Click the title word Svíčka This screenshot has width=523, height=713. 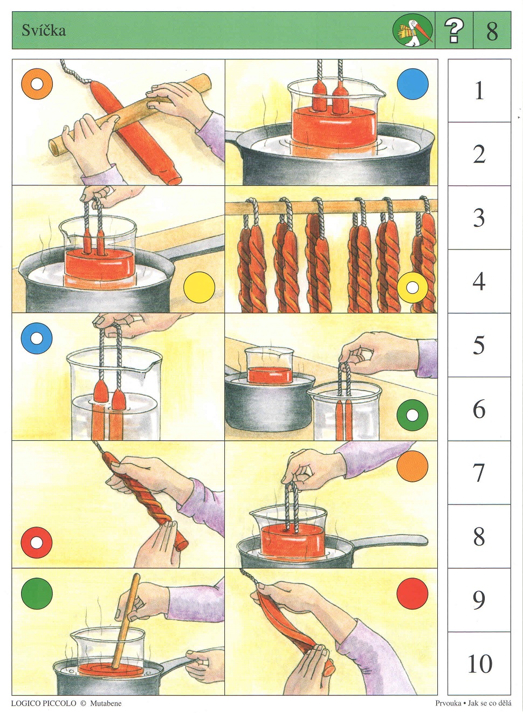[44, 31]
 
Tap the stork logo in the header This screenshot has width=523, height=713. [413, 31]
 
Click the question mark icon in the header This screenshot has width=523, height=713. [454, 31]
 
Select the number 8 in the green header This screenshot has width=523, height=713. [492, 31]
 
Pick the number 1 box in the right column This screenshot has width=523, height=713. [479, 91]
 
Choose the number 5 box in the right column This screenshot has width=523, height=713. [479, 345]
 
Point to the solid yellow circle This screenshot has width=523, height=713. [199, 287]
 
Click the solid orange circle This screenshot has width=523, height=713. [413, 466]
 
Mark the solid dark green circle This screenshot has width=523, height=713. [37, 594]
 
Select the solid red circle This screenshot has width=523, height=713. [413, 594]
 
